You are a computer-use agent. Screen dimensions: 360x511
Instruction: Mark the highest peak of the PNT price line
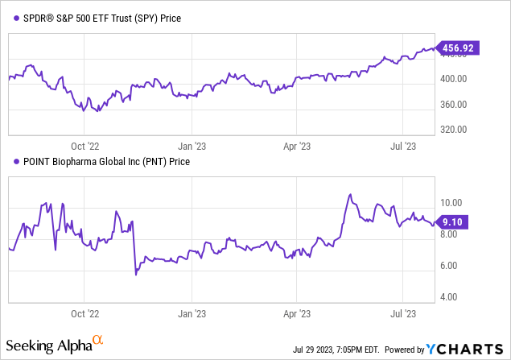point(349,194)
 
